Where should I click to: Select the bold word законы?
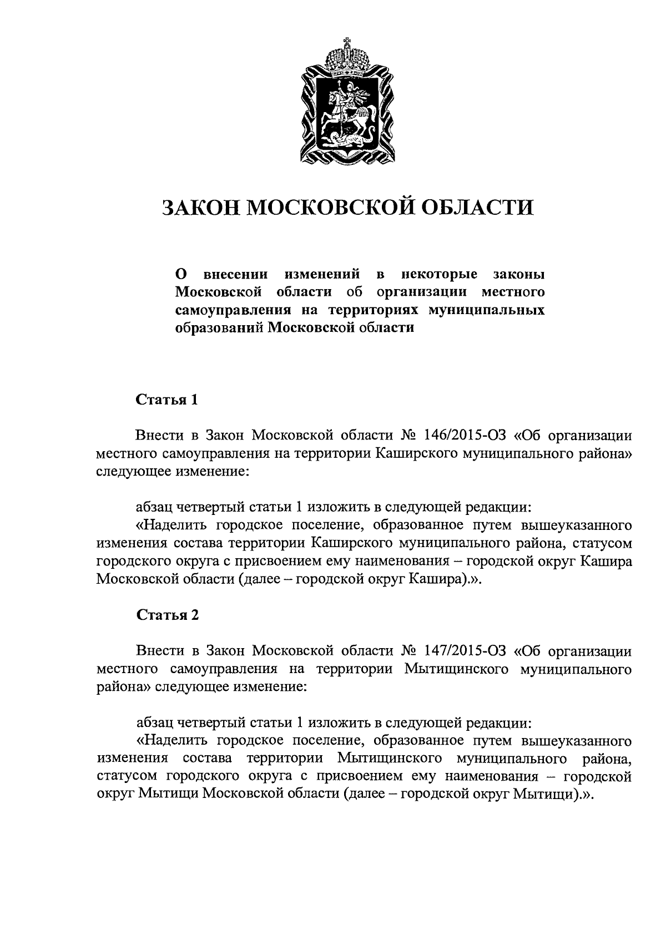point(518,274)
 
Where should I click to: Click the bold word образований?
point(219,327)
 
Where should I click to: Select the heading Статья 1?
point(167,400)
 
